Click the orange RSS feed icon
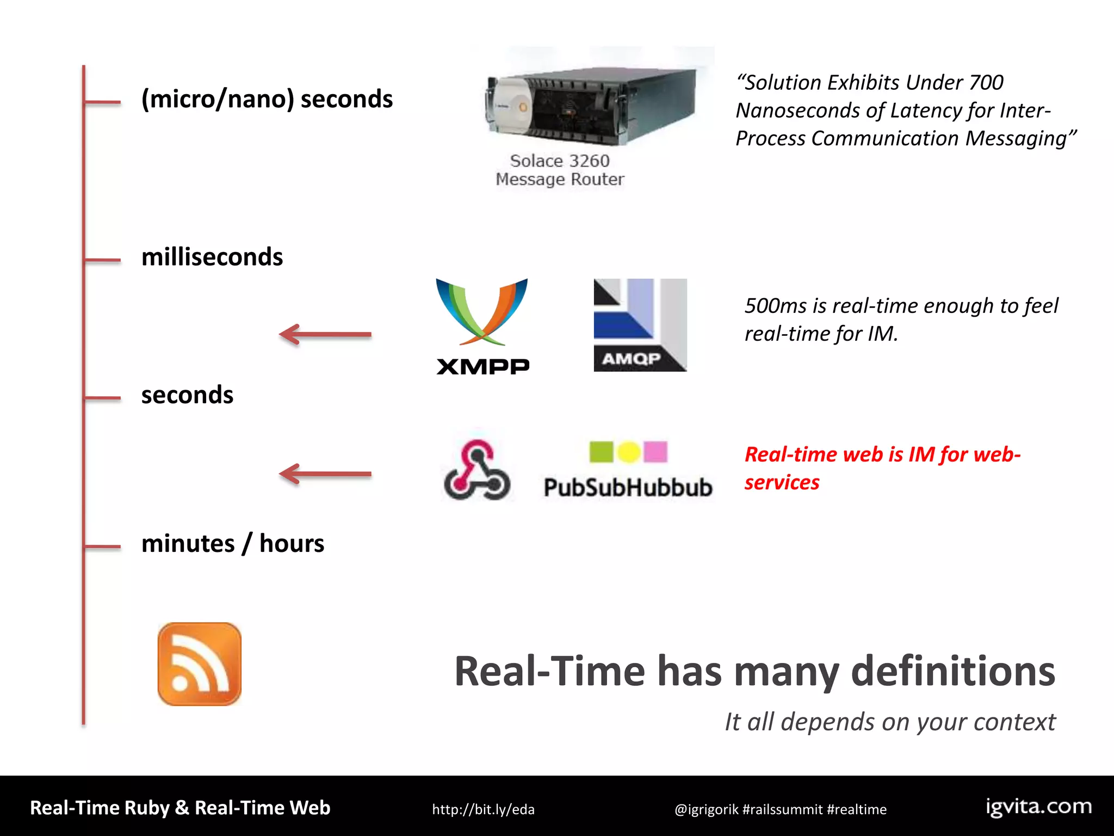199,664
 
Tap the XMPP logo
482,327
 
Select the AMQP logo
640,325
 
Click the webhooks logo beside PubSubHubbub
477,470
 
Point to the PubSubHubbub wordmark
628,487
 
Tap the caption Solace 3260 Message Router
560,170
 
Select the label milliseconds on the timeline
212,257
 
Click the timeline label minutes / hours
233,543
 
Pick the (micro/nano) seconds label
267,99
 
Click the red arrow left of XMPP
325,335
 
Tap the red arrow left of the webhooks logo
325,474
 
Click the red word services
782,483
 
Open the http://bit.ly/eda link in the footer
483,809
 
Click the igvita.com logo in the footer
1038,807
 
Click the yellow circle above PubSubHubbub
629,452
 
